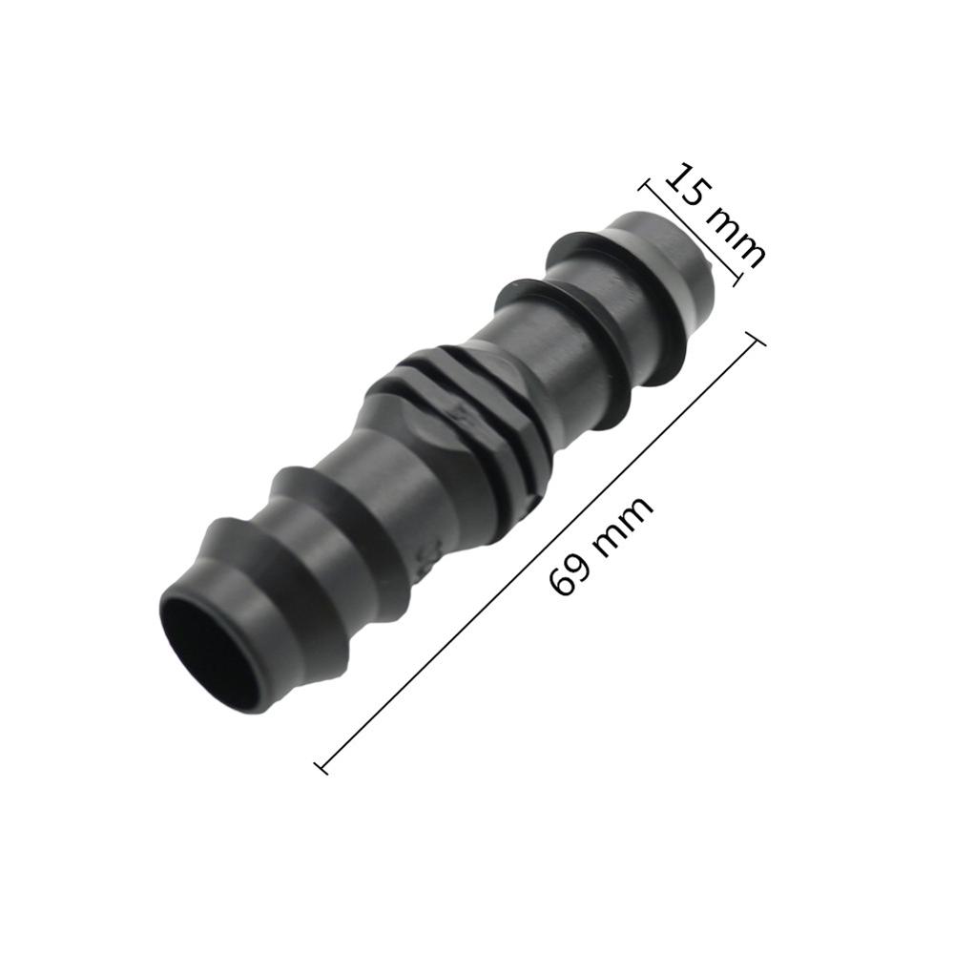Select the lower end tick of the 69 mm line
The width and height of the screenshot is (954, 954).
[x=321, y=765]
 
